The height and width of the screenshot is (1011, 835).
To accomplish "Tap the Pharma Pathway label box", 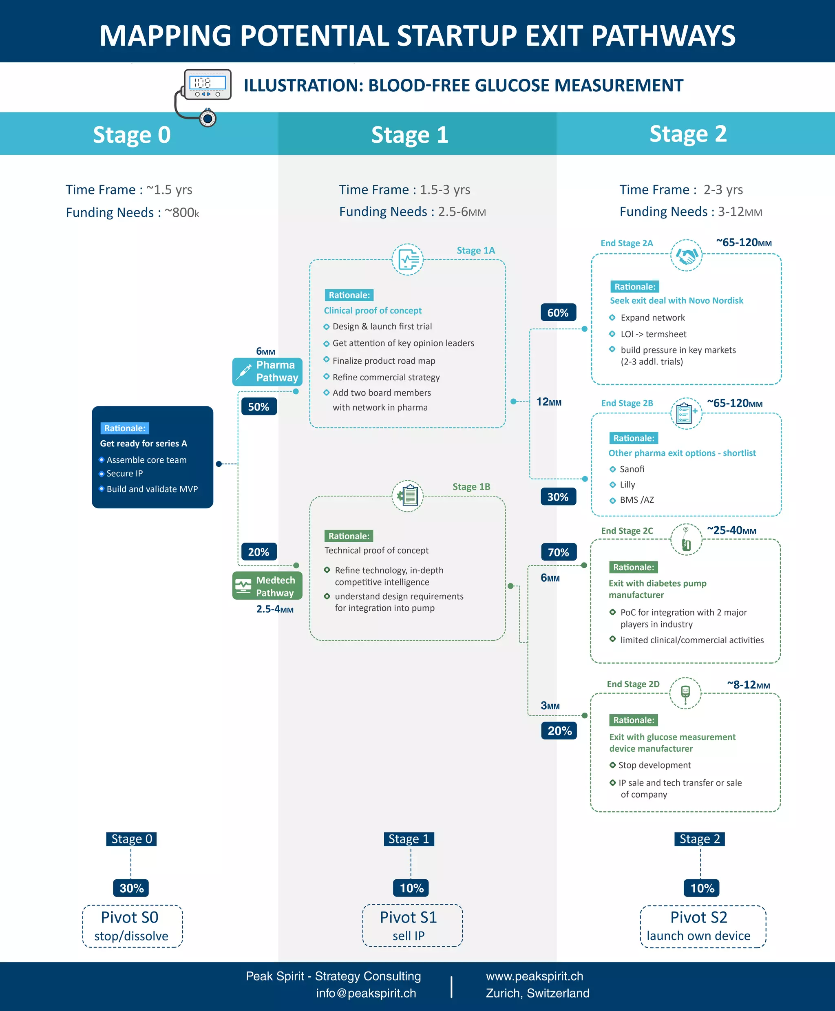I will pos(267,371).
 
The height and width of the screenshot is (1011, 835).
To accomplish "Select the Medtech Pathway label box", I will pos(267,586).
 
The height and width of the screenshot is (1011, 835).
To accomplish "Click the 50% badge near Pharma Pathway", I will pos(259,407).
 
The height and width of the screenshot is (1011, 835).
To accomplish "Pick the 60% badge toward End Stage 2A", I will pos(558,313).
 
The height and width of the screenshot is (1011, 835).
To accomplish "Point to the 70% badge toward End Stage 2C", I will pos(559,552).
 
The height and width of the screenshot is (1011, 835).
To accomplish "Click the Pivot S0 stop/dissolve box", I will pos(132,926).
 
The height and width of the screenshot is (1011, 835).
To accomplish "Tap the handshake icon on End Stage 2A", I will pos(686,255).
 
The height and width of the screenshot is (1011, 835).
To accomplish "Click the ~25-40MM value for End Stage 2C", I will pos(731,530).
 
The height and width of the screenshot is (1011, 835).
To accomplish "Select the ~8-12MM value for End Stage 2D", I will pos(749,684).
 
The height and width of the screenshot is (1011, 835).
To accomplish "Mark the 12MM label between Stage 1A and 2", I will pos(549,402).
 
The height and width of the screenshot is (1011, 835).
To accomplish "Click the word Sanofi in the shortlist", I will pos(632,469).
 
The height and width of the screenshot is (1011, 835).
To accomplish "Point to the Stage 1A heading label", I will pos(476,250).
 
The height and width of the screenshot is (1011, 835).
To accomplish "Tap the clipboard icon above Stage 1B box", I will pos(408,495).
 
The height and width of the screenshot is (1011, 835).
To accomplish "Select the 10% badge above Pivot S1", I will pos(412,888).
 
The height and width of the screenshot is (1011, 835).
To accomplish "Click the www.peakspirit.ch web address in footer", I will pos(535,976).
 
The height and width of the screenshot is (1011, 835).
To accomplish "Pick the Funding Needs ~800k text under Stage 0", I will pos(132,212).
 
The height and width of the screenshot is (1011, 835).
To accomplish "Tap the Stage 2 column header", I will pos(688,134).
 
